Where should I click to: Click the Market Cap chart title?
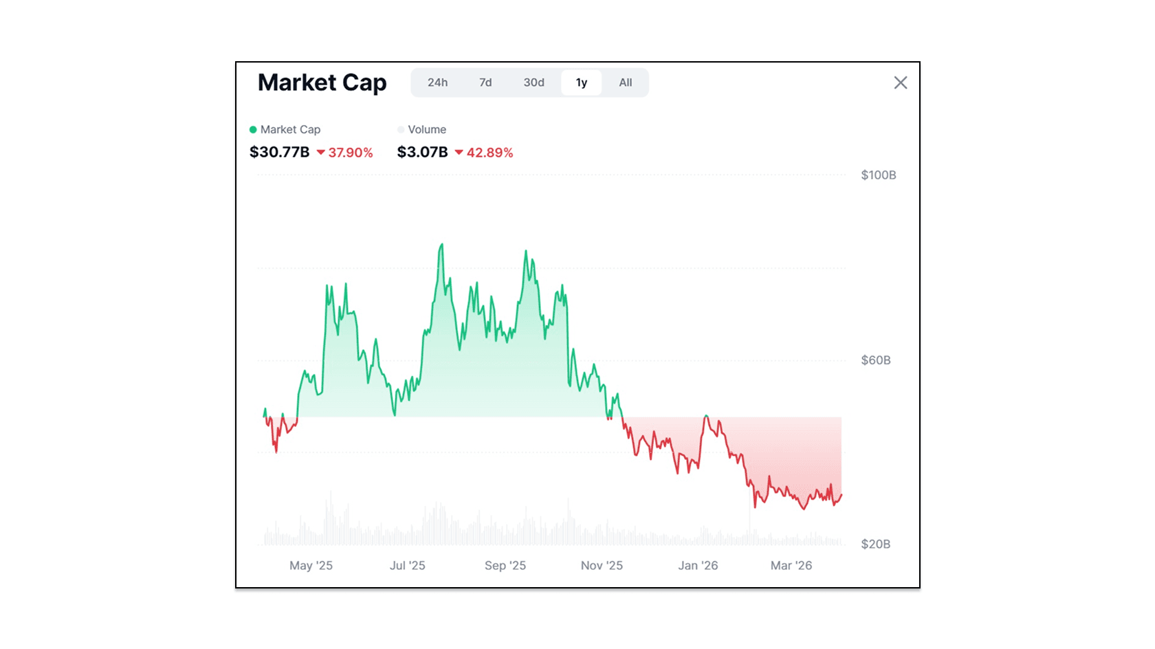(x=322, y=82)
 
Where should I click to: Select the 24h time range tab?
(x=437, y=82)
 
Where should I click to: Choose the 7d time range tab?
(x=485, y=82)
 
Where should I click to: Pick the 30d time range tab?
(x=533, y=82)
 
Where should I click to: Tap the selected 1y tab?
(x=582, y=82)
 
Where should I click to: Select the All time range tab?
(x=625, y=82)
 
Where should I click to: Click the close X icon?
(x=900, y=82)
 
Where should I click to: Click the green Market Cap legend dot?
(x=253, y=129)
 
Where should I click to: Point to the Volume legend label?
(x=427, y=129)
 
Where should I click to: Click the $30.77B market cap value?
(x=279, y=152)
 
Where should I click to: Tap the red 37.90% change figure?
(x=350, y=153)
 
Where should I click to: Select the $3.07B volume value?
(x=422, y=152)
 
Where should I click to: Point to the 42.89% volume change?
(x=489, y=153)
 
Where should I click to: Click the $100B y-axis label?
(x=878, y=175)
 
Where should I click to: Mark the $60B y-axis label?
(x=875, y=360)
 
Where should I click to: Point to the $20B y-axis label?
(x=875, y=544)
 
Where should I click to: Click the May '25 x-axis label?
(x=311, y=565)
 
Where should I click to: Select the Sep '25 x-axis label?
(x=505, y=565)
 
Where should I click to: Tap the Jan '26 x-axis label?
(x=698, y=565)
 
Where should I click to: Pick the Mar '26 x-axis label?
(x=791, y=565)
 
